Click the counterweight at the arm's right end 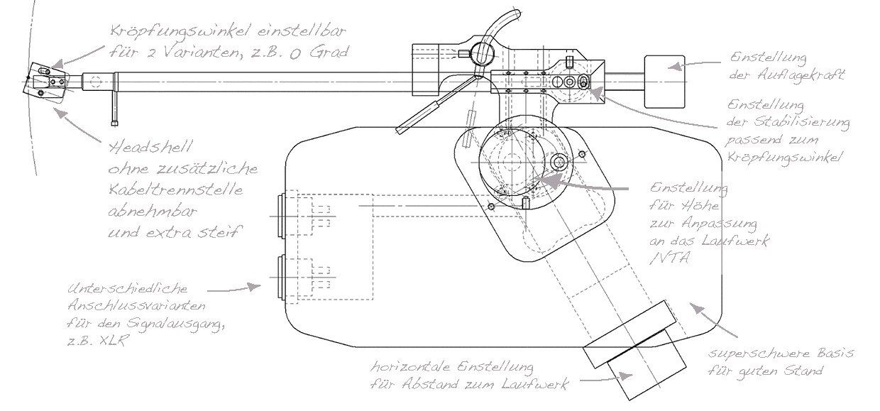coord(664,82)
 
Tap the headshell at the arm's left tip coord(46,83)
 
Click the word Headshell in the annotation coord(151,148)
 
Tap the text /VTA coord(669,258)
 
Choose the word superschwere coord(759,353)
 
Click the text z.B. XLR coord(97,340)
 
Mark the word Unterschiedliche coord(128,289)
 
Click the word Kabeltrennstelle coord(175,190)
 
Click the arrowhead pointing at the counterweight coord(676,67)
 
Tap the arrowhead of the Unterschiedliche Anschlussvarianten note coord(253,287)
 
